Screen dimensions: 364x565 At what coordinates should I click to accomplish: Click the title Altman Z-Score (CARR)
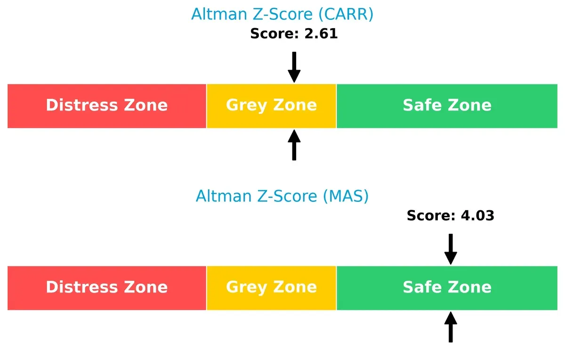click(x=282, y=14)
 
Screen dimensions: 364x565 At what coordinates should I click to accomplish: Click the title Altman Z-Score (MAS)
click(x=282, y=196)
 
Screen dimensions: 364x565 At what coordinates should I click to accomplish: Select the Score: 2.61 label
click(x=294, y=34)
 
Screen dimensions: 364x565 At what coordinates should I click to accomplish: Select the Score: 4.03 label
click(x=451, y=216)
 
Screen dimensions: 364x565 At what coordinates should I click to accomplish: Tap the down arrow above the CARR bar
click(x=294, y=67)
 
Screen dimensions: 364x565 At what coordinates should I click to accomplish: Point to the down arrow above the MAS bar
click(x=451, y=249)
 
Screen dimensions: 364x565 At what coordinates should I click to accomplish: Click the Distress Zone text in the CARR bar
click(x=107, y=105)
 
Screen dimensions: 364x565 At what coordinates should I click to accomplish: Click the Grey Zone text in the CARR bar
click(x=271, y=105)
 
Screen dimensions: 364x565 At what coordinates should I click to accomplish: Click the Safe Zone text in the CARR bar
click(x=447, y=105)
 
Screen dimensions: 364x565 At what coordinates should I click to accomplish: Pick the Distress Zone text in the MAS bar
click(x=107, y=287)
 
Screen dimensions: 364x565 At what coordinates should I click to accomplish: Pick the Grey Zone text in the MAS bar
click(x=271, y=287)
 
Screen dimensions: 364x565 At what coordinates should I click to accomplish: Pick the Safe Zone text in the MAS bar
click(x=447, y=287)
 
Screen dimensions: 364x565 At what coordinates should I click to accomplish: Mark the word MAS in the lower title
click(x=346, y=196)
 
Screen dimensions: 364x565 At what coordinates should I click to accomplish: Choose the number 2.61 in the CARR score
click(x=321, y=34)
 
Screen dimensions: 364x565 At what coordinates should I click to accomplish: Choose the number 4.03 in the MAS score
click(x=477, y=216)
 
